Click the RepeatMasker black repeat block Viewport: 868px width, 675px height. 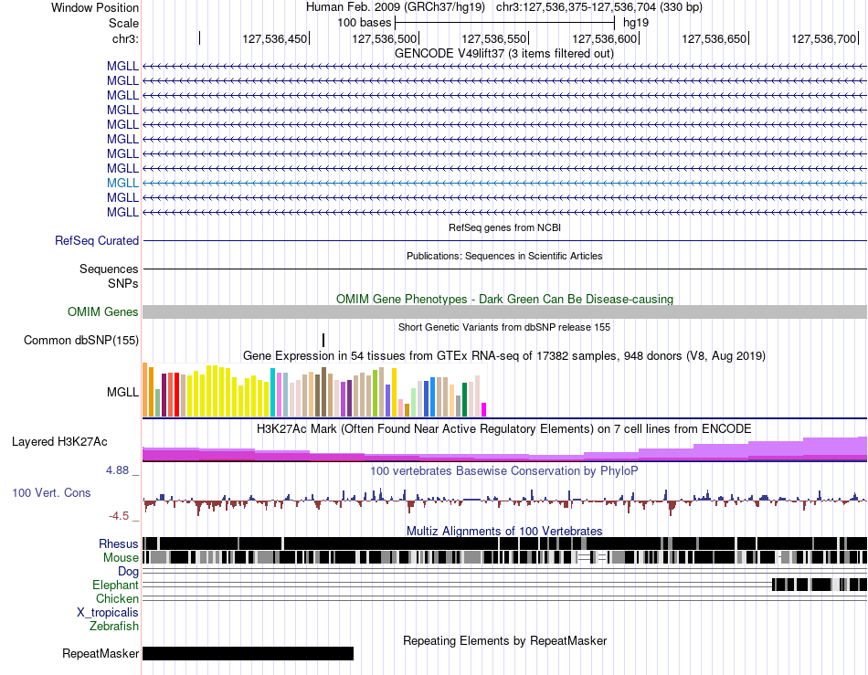coord(248,653)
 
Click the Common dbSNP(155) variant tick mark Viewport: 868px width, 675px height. coord(323,341)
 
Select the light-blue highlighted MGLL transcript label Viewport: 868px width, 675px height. coord(123,183)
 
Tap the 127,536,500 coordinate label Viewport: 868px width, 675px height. coord(384,38)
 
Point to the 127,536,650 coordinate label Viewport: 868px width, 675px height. coord(715,38)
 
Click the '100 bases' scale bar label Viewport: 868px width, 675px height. coord(365,23)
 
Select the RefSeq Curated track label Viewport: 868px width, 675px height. coord(97,240)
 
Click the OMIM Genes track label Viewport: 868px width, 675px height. coord(103,312)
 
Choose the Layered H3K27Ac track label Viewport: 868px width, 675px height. coord(59,441)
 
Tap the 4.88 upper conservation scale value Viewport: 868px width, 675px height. coord(117,470)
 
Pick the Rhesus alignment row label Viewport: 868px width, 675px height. coord(119,543)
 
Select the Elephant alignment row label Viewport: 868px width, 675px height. coord(116,585)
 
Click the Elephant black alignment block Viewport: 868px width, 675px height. coord(820,585)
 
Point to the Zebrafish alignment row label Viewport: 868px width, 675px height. coord(114,627)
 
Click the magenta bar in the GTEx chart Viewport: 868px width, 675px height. coord(484,409)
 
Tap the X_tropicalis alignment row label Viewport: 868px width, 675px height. coord(108,613)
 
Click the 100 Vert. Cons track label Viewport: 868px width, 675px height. coord(51,492)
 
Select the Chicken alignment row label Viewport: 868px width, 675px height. coord(117,598)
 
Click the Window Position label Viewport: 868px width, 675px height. coord(95,7)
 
